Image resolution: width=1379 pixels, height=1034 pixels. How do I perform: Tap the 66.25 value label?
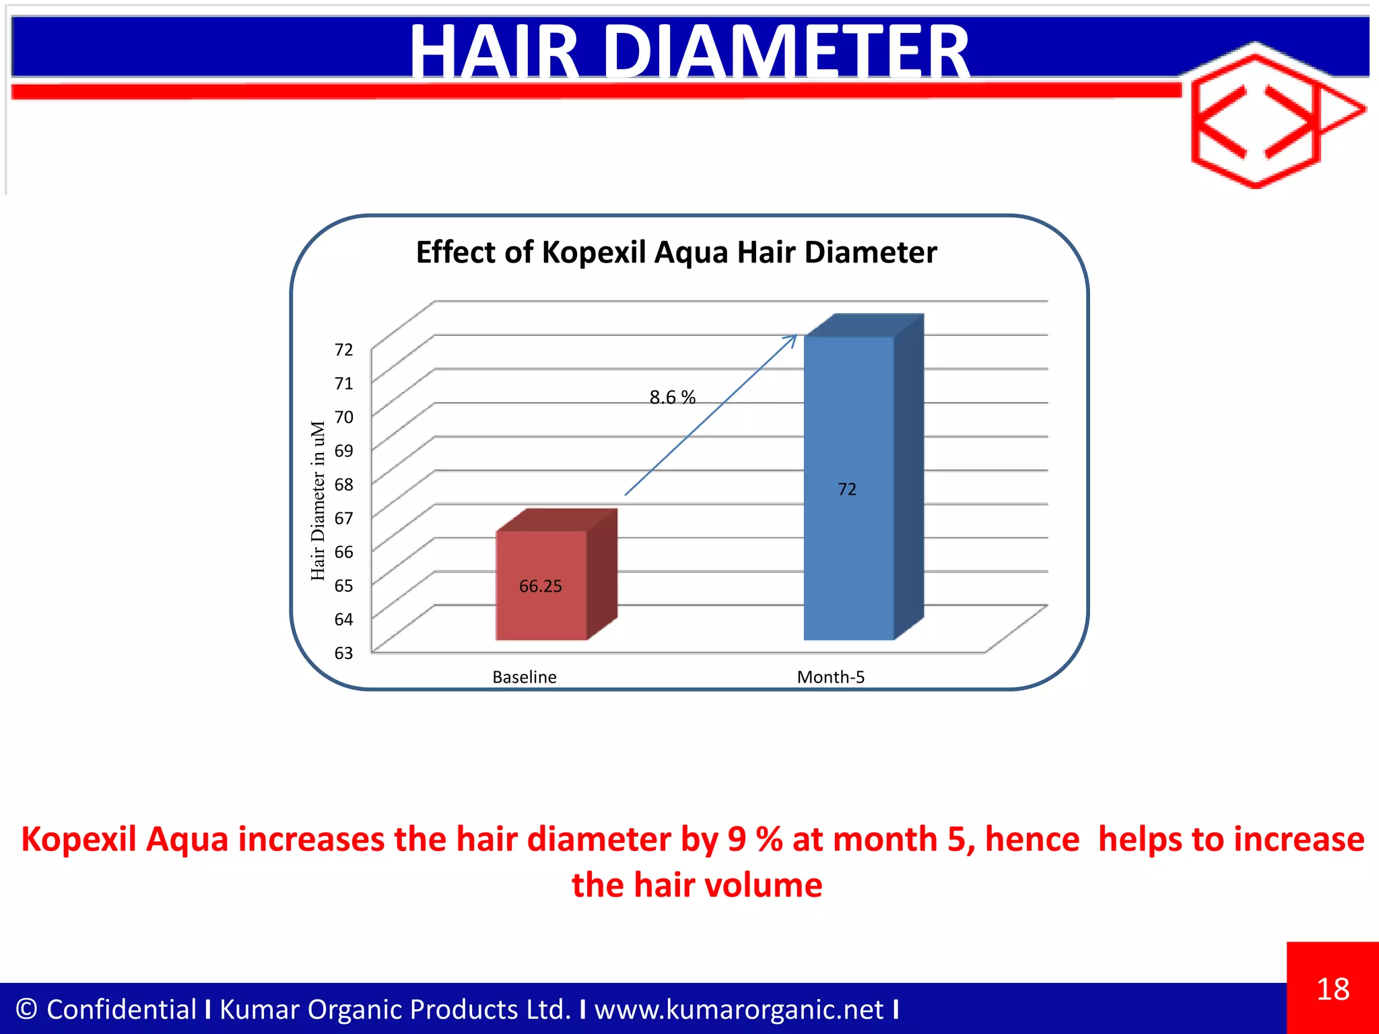tap(540, 586)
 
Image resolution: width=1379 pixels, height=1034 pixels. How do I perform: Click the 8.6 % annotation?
tap(672, 397)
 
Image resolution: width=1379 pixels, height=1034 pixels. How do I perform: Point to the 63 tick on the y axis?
tap(343, 653)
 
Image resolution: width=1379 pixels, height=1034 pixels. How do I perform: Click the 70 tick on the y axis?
tap(343, 417)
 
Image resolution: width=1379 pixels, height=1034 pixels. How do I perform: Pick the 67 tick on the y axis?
tap(343, 518)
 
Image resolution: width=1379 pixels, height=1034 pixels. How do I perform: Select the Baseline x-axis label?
tap(524, 677)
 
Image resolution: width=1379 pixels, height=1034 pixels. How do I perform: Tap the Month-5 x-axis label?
tap(830, 677)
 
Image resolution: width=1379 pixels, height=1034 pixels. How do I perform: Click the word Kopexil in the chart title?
tap(593, 252)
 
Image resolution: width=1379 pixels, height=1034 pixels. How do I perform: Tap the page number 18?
tap(1333, 989)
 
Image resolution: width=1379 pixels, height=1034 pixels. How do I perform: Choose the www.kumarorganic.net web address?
tap(739, 1009)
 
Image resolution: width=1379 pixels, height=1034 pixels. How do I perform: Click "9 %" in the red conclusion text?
tap(754, 839)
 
